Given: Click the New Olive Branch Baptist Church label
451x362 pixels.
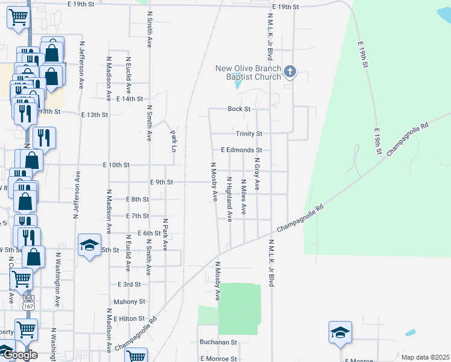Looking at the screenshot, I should (x=248, y=72).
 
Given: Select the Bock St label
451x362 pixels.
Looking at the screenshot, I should (x=239, y=109).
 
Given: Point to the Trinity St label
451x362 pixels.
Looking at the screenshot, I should (x=248, y=133).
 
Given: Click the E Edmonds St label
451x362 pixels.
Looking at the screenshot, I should (x=241, y=150).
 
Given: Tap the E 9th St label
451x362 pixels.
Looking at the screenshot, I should (x=161, y=182).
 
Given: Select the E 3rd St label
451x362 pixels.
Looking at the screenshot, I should (x=130, y=284).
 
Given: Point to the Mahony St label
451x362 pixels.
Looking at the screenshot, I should (x=130, y=301).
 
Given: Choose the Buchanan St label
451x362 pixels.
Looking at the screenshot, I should (x=219, y=341).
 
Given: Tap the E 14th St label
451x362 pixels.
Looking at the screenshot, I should (x=130, y=98).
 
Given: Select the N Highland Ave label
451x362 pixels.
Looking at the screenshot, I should (x=230, y=199).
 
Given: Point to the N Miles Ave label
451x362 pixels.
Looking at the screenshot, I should (x=244, y=197).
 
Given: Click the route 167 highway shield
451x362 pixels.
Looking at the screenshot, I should (x=28, y=306).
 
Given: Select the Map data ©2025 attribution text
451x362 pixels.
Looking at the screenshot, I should (x=425, y=357).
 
